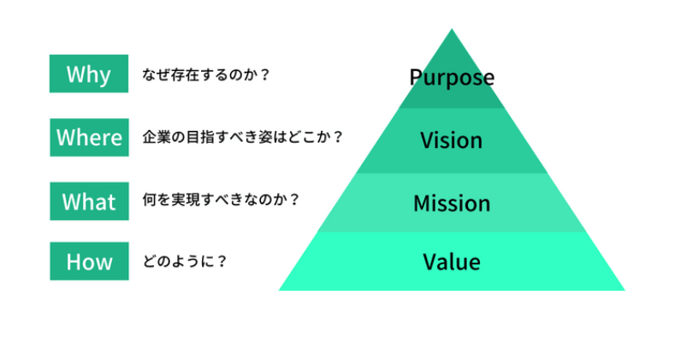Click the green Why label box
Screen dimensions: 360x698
point(89,74)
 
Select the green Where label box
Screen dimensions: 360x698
point(89,137)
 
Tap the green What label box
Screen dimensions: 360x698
point(89,201)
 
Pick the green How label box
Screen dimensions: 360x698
point(89,261)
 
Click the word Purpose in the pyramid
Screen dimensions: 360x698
point(452,78)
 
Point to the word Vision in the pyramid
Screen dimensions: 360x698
point(452,139)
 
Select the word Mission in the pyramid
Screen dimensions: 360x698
point(452,204)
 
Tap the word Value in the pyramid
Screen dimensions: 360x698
point(452,262)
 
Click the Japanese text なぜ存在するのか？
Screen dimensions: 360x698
point(206,74)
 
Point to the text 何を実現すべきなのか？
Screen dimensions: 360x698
point(221,201)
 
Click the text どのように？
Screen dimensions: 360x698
point(185,261)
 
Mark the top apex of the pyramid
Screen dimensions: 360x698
point(452,30)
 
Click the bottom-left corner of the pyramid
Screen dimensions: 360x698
point(281,289)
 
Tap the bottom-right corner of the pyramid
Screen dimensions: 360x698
point(624,289)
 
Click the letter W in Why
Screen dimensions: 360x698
point(74,74)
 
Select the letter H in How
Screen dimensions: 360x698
point(74,261)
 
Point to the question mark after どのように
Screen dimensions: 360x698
point(222,261)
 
